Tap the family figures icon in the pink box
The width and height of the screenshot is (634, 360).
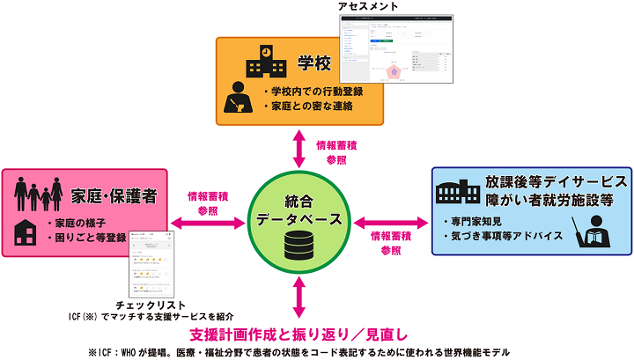(38, 190)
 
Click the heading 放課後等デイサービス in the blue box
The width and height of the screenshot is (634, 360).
(556, 181)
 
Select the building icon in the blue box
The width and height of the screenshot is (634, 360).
(454, 190)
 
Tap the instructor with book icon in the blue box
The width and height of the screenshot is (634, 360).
(591, 231)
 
